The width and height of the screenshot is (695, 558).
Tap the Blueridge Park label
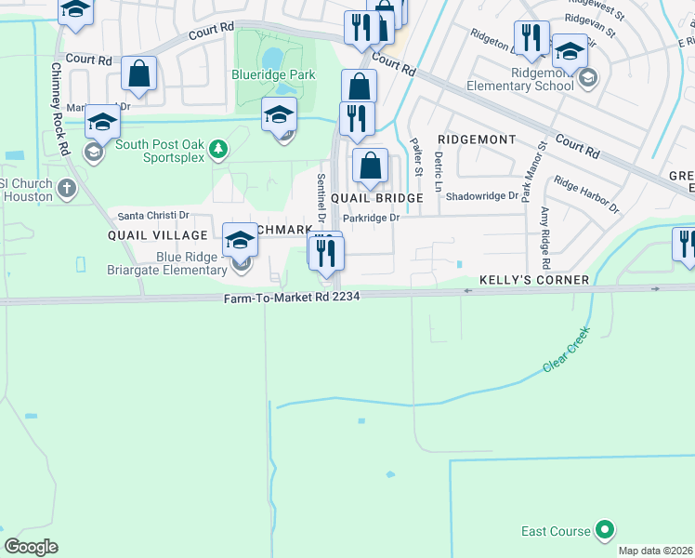click(x=275, y=75)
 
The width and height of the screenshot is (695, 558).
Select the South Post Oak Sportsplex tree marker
click(x=216, y=147)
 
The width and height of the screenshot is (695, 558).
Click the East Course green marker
click(x=605, y=531)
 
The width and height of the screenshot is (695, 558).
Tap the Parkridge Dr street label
click(x=371, y=218)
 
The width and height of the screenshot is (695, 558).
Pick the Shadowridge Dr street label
click(x=481, y=196)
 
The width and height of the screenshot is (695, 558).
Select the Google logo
click(x=31, y=547)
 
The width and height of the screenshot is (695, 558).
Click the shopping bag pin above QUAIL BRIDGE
click(x=371, y=167)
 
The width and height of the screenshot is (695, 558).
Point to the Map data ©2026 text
click(x=654, y=551)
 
